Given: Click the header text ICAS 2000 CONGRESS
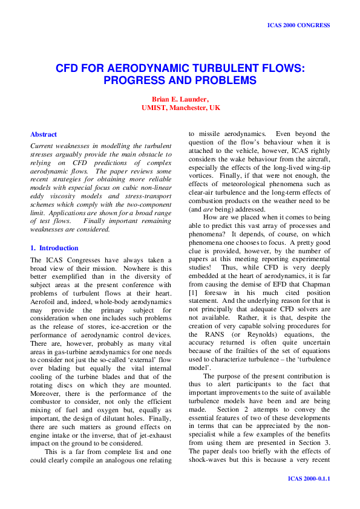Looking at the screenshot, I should point(298,25).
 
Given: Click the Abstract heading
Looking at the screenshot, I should point(44,134).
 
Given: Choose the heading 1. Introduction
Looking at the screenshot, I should point(54,248).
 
